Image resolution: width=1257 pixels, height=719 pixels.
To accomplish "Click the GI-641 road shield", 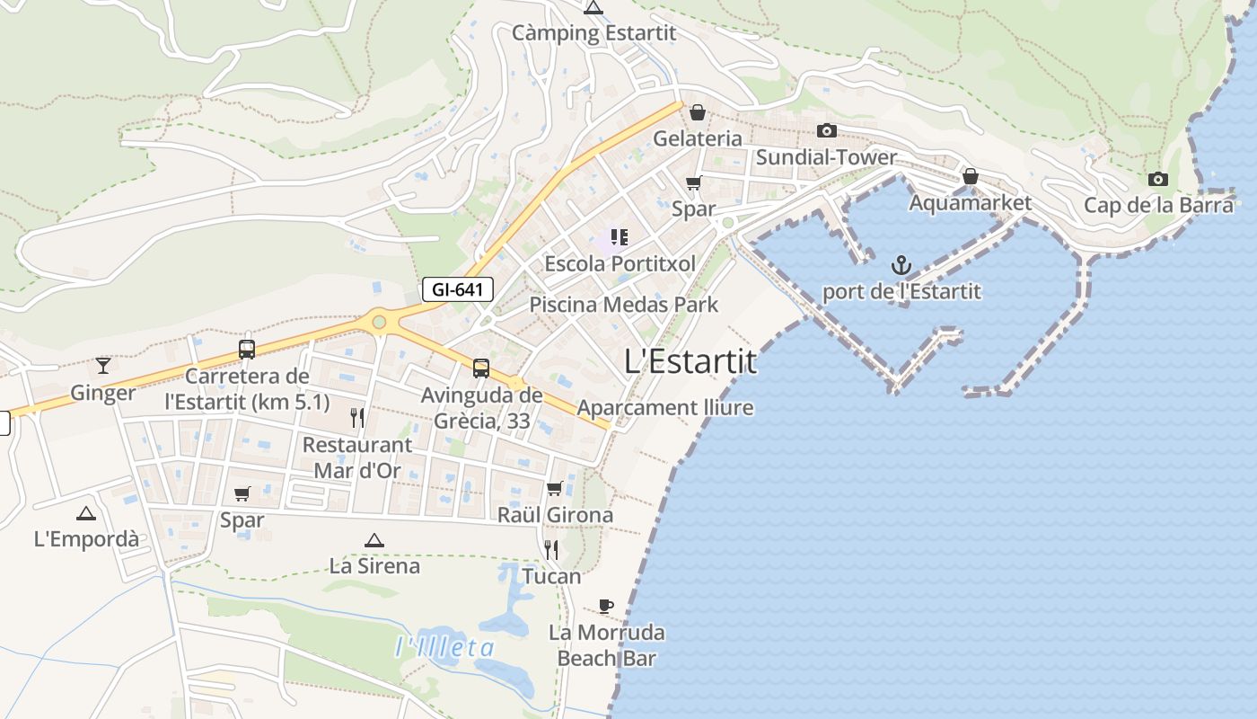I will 458,289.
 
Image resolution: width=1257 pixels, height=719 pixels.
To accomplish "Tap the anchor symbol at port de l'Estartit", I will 901,265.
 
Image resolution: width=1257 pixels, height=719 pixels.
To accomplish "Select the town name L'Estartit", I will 690,361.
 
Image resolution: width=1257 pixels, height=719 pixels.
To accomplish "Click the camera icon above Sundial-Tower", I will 827,131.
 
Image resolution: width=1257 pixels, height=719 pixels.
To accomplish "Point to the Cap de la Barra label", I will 1158,205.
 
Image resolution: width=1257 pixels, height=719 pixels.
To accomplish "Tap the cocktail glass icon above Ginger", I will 103,365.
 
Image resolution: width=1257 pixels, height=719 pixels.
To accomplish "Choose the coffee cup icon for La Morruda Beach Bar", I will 606,606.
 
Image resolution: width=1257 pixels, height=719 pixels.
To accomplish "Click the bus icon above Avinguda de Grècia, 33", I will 481,368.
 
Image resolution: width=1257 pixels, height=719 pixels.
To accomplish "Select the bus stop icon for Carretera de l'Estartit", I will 247,350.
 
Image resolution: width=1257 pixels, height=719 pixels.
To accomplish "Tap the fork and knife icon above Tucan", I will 551,549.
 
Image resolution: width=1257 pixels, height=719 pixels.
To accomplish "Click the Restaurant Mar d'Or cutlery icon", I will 357,417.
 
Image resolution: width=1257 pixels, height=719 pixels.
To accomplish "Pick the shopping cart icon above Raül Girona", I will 555,489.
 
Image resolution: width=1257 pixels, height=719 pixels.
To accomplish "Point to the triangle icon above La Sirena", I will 374,540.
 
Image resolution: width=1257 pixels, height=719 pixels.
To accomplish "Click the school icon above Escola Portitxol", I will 620,237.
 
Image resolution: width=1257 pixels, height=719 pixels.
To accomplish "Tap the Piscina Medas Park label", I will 623,304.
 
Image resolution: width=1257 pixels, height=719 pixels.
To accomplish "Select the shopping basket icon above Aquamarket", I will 970,176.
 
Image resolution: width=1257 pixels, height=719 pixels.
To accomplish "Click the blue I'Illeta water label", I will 445,647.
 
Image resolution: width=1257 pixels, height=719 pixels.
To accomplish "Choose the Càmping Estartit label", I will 593,33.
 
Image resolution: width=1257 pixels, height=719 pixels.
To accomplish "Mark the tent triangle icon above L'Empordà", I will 86,513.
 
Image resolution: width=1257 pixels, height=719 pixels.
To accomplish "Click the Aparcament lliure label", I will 664,408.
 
